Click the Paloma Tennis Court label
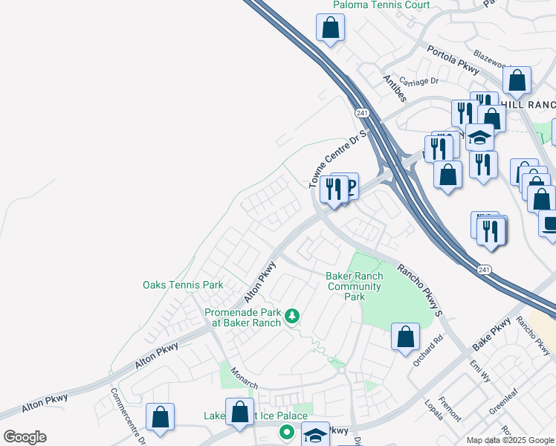(x=371, y=4)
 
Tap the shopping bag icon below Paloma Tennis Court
(x=330, y=28)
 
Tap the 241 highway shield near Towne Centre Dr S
(x=362, y=113)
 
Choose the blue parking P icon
(x=349, y=186)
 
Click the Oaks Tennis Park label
(x=183, y=285)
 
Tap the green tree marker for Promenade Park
(x=292, y=317)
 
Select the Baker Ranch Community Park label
(x=355, y=286)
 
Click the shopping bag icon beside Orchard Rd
(x=405, y=337)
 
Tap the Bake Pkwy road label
(x=491, y=334)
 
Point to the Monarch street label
(x=244, y=378)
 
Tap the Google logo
(x=25, y=437)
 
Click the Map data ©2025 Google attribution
(x=509, y=440)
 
